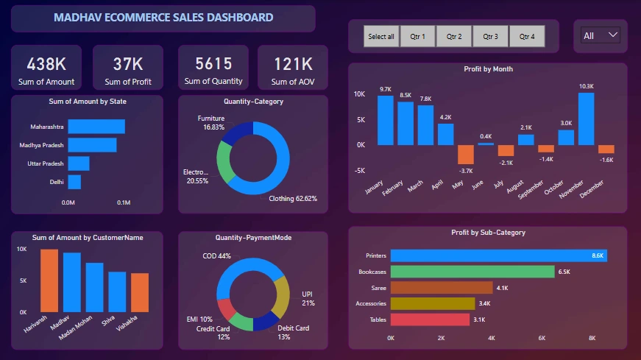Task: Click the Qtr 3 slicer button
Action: tap(490, 36)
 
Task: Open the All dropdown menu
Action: tap(601, 35)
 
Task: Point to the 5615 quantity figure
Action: tap(213, 64)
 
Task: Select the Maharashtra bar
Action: tap(96, 127)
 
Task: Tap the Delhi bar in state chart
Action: tap(74, 181)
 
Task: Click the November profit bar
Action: tap(586, 119)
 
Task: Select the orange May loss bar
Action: tap(465, 154)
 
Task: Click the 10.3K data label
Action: tap(586, 86)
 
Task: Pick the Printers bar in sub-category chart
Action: tap(498, 255)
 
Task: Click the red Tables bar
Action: tap(430, 320)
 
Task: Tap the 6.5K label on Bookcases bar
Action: tap(564, 272)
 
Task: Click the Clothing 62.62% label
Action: tap(292, 199)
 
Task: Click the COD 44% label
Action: tap(216, 256)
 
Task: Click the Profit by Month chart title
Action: tap(488, 69)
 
